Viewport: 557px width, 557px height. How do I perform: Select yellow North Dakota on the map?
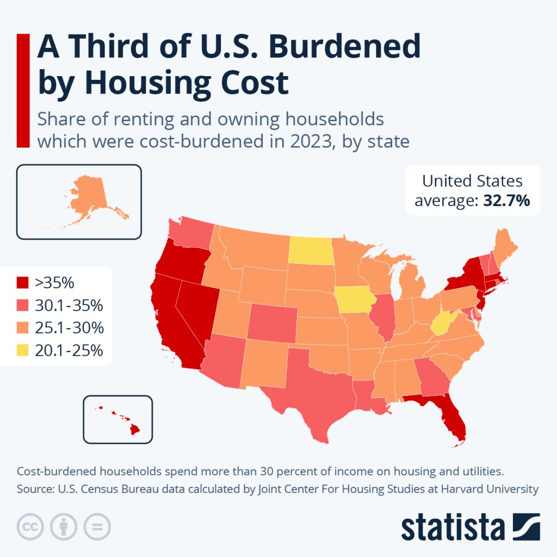point(310,251)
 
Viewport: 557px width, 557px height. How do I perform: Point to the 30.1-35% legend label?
point(69,306)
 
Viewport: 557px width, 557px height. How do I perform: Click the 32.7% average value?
point(506,201)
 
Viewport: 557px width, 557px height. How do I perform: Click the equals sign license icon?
point(96,527)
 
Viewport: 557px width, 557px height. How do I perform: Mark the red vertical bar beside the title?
point(23,90)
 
